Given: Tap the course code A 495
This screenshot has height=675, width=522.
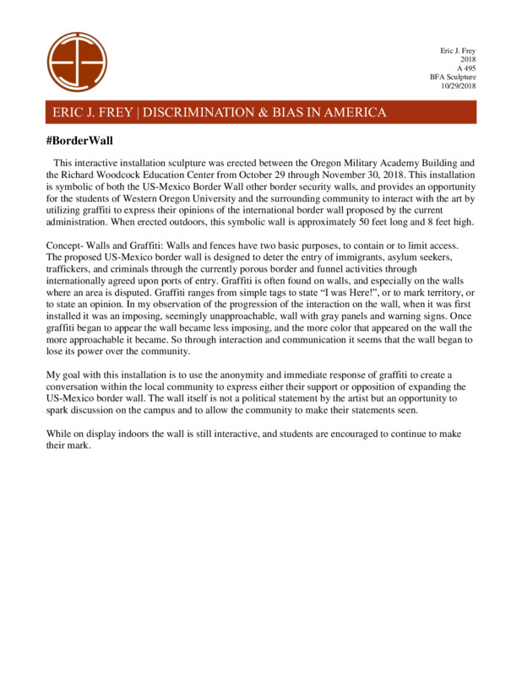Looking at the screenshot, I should (465, 68).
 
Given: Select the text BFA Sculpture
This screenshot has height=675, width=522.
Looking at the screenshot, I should (454, 78).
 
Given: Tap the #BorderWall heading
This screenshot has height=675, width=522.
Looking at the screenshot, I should (79, 139).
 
